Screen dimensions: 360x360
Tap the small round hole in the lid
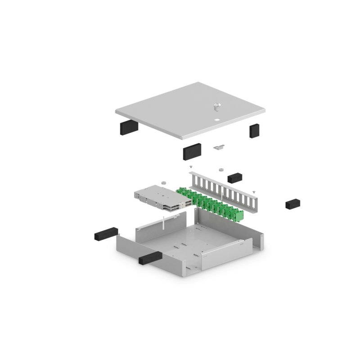(217, 120)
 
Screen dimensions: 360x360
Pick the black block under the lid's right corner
(255, 130)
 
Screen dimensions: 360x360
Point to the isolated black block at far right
(292, 204)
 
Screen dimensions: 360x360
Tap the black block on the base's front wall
(150, 257)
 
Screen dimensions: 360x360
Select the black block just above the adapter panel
(235, 177)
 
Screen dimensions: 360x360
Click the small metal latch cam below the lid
(219, 147)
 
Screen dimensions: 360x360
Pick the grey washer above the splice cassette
(165, 183)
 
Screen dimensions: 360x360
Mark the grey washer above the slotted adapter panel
(220, 170)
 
